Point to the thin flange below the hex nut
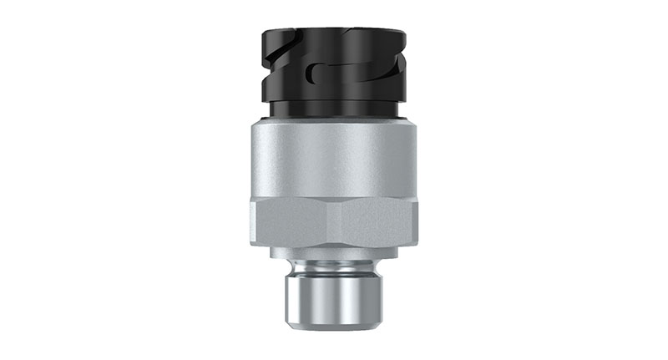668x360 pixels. pyautogui.click(x=334, y=250)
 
